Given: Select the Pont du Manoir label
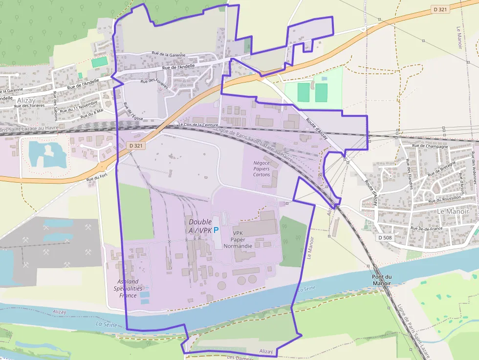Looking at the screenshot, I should pos(382,280).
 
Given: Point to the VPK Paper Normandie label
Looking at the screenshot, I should pos(242,239).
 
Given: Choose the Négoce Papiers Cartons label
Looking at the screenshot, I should pos(261,169).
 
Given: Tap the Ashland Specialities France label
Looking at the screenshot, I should pos(128,288).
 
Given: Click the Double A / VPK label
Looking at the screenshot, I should pos(200,226).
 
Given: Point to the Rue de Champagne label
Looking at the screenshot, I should pos(430,146).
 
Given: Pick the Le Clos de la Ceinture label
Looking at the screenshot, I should pos(198,125).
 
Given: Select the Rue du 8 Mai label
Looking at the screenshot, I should pos(93,114).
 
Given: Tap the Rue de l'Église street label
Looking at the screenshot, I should pos(129,112).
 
